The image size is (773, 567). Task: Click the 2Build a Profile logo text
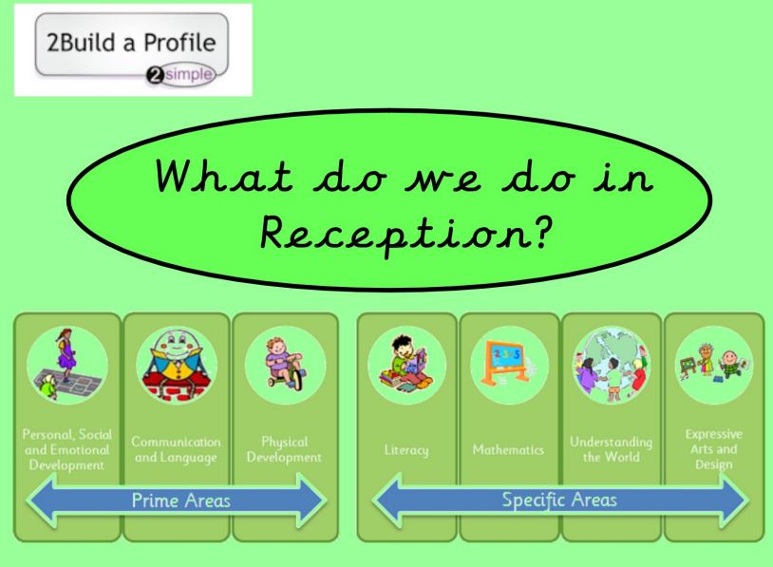131,43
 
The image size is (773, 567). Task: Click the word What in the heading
224,176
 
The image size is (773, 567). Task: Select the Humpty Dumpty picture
176,365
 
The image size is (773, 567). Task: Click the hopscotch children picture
67,366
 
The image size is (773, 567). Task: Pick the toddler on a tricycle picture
284,364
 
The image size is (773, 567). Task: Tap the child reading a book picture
406,365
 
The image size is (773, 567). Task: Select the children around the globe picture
611,366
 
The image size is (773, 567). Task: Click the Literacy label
406,450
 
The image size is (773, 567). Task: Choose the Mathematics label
508,449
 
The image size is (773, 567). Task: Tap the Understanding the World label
611,449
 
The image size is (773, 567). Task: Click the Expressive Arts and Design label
713,449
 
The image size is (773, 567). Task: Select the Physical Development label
284,449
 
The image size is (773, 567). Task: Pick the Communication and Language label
176,449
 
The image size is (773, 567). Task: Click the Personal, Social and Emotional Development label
67,449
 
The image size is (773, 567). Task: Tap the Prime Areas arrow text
181,501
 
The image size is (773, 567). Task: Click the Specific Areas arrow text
559,500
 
